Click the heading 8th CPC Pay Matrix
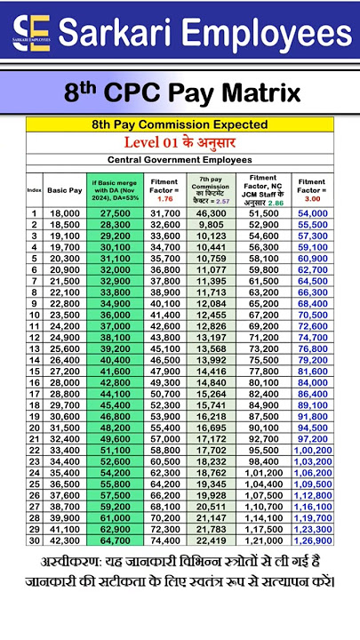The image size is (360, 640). (x=181, y=92)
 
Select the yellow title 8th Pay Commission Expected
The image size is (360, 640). (x=181, y=125)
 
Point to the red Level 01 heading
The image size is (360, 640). (x=181, y=143)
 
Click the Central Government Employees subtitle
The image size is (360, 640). (x=181, y=160)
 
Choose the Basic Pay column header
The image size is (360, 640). (x=65, y=190)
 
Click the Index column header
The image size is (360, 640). (x=35, y=190)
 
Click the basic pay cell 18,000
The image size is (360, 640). (x=65, y=214)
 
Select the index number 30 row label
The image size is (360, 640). (x=35, y=540)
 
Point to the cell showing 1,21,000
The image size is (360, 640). (x=263, y=540)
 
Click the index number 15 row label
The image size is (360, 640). (x=35, y=371)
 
